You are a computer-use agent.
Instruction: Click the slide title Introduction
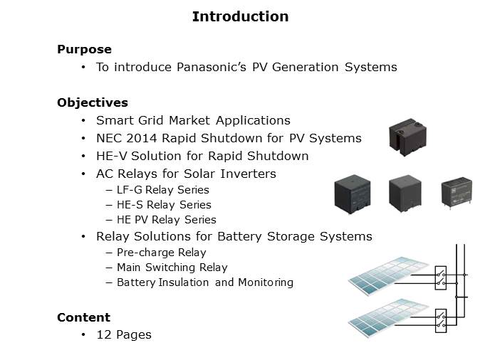click(240, 16)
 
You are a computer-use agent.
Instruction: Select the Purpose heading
click(84, 49)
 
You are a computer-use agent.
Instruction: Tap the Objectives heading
click(93, 102)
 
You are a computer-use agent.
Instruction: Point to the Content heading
click(83, 317)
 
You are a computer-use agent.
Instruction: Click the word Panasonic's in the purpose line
click(212, 67)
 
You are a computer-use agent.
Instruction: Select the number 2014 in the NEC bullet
click(142, 138)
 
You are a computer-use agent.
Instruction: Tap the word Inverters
click(249, 174)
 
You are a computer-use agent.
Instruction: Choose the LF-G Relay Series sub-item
click(163, 190)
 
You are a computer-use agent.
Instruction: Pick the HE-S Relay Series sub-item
click(164, 205)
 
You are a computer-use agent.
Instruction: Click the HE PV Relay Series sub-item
click(167, 220)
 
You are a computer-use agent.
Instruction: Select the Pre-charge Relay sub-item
click(162, 253)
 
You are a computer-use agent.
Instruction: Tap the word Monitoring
click(266, 282)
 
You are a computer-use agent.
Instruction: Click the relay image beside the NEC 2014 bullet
click(408, 137)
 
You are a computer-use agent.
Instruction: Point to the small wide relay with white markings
click(456, 192)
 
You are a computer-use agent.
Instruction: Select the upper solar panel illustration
click(388, 275)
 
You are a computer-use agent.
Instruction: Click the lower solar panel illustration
click(388, 317)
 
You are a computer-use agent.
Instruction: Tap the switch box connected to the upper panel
click(441, 278)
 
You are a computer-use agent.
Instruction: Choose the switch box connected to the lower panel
click(441, 321)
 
